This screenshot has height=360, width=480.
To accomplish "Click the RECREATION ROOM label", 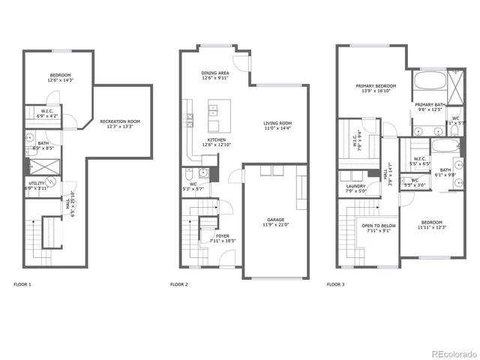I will coord(120,121).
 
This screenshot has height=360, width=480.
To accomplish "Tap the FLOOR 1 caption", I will coord(23,284).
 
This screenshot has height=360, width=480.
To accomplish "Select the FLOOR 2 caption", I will coord(178,284).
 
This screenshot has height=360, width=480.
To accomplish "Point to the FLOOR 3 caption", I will coord(336,284).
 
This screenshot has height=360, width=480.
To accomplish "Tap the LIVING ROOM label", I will coord(277,123).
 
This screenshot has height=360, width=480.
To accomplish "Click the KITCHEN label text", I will coord(217,139).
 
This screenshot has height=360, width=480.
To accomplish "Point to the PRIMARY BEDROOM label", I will coord(376,85).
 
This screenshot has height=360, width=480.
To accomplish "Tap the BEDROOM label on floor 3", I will coord(431,222).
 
